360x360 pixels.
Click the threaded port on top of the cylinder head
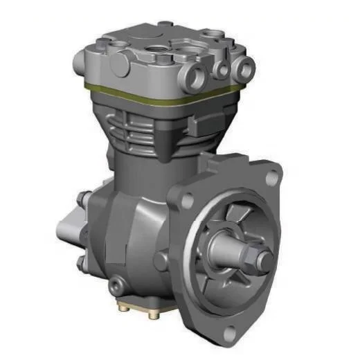(154, 49)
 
